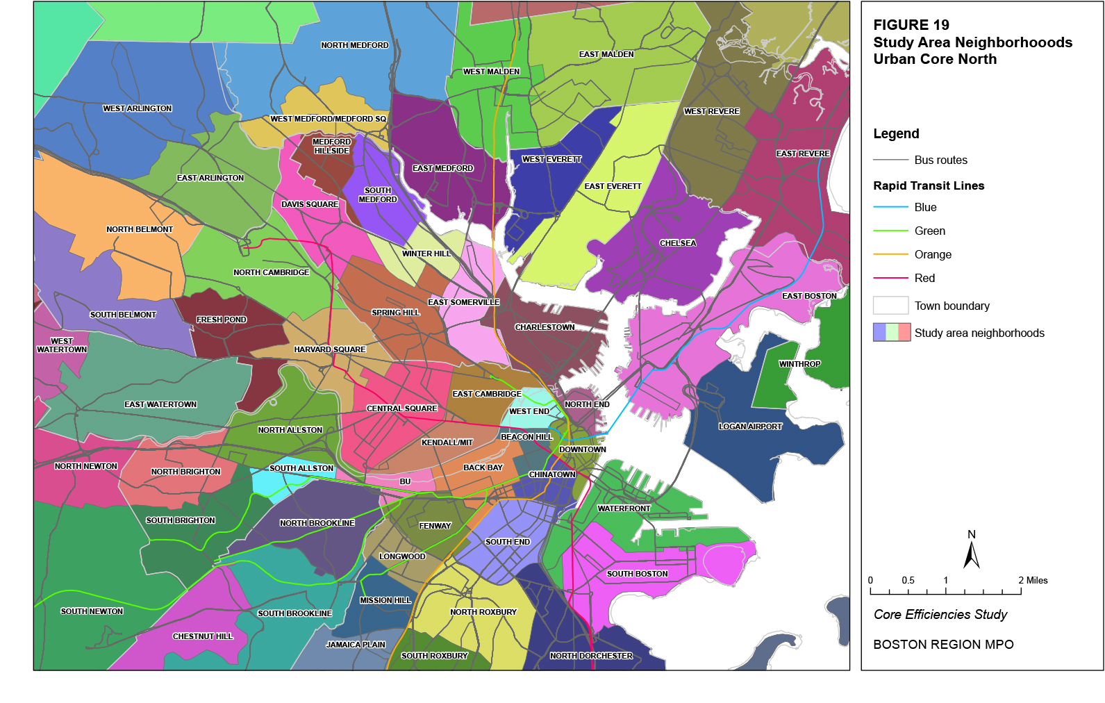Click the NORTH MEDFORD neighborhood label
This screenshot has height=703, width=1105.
click(x=354, y=45)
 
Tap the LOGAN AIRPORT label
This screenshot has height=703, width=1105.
click(x=750, y=427)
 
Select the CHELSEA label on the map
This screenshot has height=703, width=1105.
click(x=677, y=243)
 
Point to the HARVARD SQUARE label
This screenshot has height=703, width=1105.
click(x=329, y=349)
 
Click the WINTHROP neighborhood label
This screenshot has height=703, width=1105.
click(x=799, y=364)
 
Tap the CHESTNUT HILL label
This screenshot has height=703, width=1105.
click(x=203, y=636)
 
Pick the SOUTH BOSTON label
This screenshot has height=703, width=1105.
click(x=637, y=574)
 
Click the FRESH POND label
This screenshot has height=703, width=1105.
click(x=221, y=320)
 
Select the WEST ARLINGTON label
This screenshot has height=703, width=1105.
click(x=137, y=108)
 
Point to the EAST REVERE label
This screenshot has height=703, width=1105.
click(x=803, y=154)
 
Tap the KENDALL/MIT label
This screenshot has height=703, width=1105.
click(x=447, y=443)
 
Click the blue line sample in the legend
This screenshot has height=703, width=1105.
click(x=890, y=207)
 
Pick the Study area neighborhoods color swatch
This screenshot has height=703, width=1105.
click(x=892, y=332)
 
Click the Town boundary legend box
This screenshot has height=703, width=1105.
click(x=890, y=306)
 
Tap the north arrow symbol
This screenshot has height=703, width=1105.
click(x=972, y=555)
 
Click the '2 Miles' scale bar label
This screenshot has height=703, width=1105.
click(x=1033, y=580)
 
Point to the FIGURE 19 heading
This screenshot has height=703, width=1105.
click(x=911, y=25)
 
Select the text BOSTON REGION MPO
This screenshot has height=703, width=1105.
click(x=943, y=645)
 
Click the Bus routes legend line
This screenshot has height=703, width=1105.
click(x=890, y=160)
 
